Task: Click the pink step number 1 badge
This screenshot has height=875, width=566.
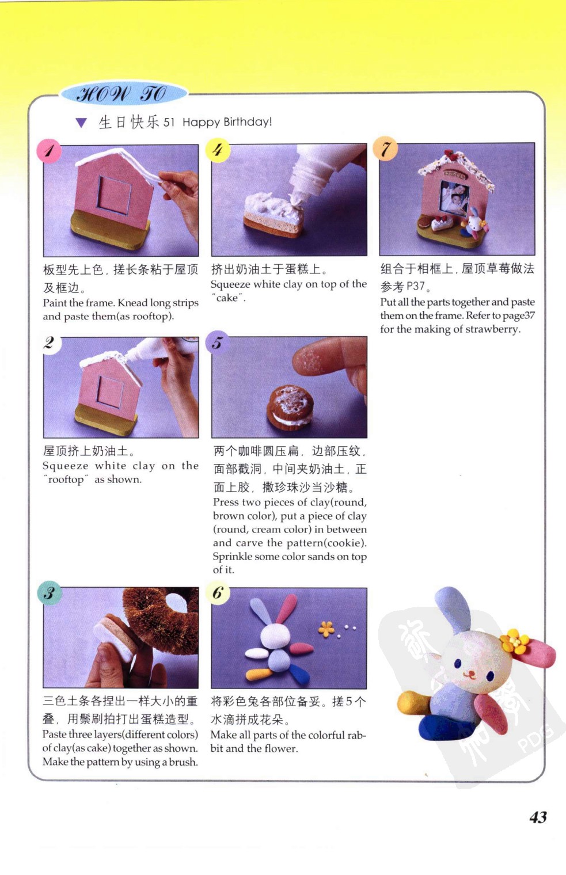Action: pyautogui.click(x=49, y=151)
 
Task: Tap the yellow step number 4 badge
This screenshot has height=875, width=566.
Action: pyautogui.click(x=218, y=150)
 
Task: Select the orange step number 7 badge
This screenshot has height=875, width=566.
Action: pyautogui.click(x=386, y=149)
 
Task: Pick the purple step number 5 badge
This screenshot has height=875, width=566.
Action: pyautogui.click(x=217, y=343)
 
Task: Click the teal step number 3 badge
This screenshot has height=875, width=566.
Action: pyautogui.click(x=50, y=592)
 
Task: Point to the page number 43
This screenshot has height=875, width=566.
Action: pyautogui.click(x=538, y=817)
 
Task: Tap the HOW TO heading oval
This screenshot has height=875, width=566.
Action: pyautogui.click(x=123, y=94)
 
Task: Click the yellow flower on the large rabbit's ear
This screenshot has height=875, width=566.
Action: pyautogui.click(x=514, y=641)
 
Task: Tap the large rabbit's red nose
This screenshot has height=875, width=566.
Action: pyautogui.click(x=470, y=673)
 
